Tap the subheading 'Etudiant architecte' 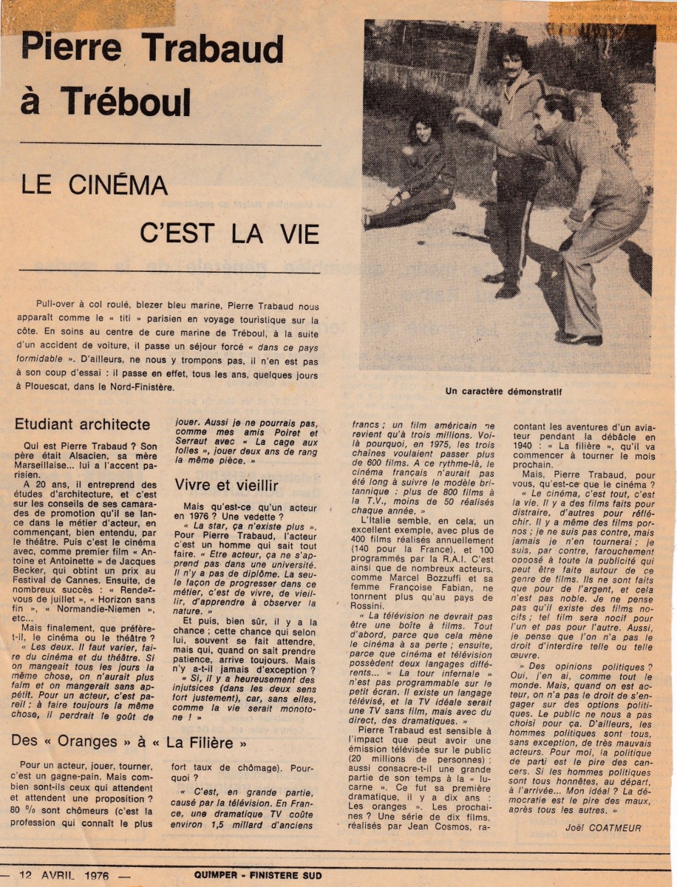point(82,424)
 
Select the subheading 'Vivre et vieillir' point(226,485)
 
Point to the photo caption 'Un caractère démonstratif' point(503,392)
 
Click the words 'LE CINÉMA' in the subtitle point(94,185)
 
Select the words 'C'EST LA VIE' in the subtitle point(229,234)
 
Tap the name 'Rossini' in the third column point(372,605)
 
